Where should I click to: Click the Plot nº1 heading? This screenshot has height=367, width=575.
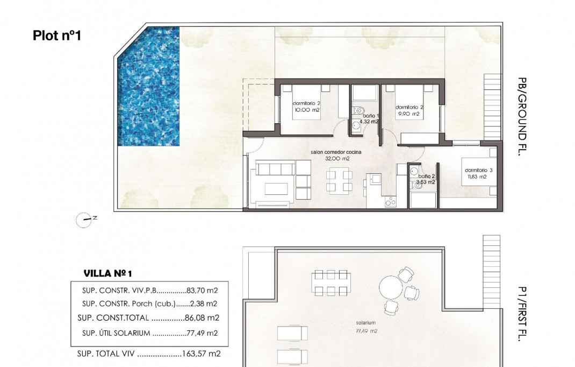[56, 36]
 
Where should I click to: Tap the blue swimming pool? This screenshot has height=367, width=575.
[148, 86]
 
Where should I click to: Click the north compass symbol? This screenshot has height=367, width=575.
[85, 218]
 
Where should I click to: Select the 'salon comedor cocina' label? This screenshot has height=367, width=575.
[336, 152]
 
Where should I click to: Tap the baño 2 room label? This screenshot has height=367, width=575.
[426, 176]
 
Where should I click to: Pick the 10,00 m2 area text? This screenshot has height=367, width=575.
[306, 110]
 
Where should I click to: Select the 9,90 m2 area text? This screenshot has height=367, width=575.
[407, 114]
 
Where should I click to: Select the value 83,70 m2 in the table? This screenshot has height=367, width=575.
[202, 290]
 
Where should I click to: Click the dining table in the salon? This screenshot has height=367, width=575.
[339, 181]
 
